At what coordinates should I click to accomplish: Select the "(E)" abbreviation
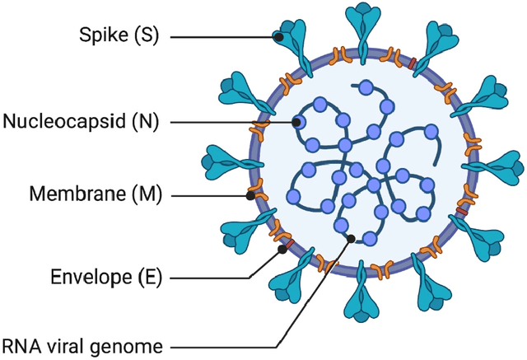(x=147, y=278)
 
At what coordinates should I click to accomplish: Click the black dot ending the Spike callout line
(x=279, y=37)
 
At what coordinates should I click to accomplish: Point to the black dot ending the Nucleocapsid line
(x=296, y=122)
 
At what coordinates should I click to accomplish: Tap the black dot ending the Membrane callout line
(x=250, y=196)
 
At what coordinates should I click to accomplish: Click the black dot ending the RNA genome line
(x=352, y=239)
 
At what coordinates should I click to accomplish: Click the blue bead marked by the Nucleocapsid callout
(x=301, y=123)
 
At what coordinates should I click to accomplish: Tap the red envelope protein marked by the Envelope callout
(x=287, y=245)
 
